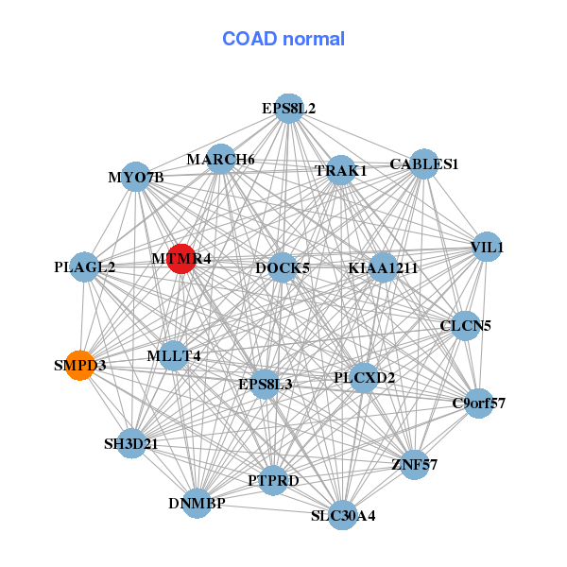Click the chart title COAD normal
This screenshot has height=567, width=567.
pyautogui.click(x=283, y=40)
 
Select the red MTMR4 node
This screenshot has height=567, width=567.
pyautogui.click(x=181, y=258)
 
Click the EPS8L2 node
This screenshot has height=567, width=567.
pyautogui.click(x=289, y=109)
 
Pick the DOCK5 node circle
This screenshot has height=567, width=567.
pyautogui.click(x=283, y=267)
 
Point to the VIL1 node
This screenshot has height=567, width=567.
pyautogui.click(x=487, y=248)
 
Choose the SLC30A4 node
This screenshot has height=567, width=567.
pyautogui.click(x=343, y=515)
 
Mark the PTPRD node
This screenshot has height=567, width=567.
pyautogui.click(x=273, y=481)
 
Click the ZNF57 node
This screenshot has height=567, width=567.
pyautogui.click(x=415, y=464)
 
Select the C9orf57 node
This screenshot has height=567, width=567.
pyautogui.click(x=479, y=404)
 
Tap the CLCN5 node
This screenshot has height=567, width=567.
pyautogui.click(x=466, y=326)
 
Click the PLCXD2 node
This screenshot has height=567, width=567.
pyautogui.click(x=365, y=378)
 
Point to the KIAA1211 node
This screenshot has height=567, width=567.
pyautogui.click(x=383, y=267)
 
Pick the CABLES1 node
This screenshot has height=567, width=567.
pyautogui.click(x=424, y=163)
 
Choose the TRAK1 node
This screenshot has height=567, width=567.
pyautogui.click(x=340, y=171)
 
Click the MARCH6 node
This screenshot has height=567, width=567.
pyautogui.click(x=220, y=159)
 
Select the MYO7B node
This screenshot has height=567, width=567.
pyautogui.click(x=136, y=177)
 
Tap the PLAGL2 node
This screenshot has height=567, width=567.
pyautogui.click(x=85, y=267)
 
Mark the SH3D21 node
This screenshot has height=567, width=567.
pyautogui.click(x=131, y=443)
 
